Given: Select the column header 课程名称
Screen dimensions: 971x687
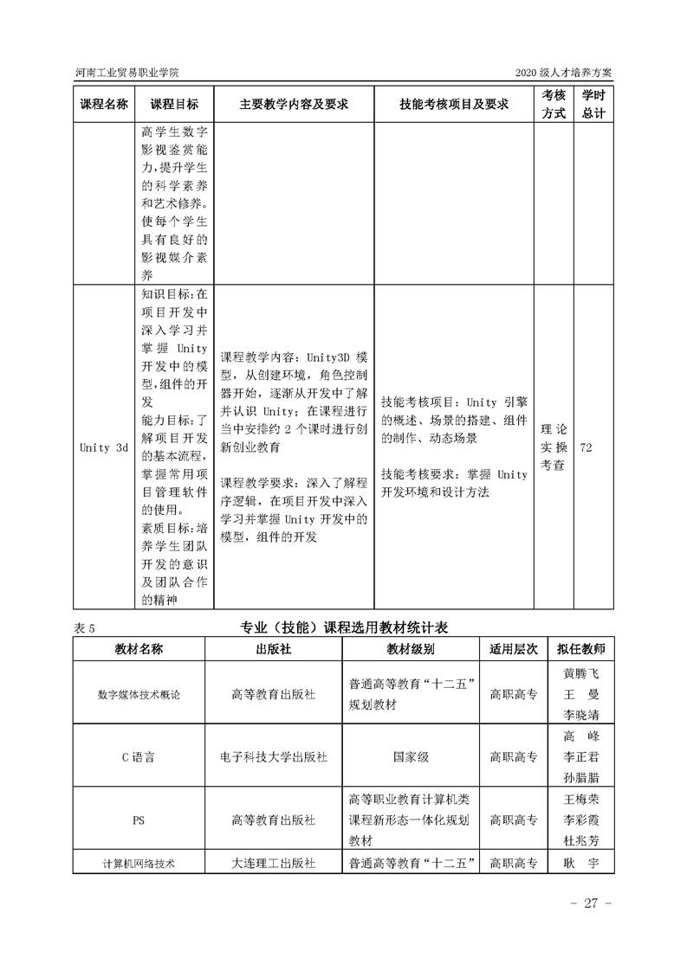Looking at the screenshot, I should coord(104,104).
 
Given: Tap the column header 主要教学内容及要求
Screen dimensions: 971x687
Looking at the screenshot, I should coord(294,104).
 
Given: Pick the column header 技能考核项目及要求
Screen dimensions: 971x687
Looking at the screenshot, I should coord(453,104).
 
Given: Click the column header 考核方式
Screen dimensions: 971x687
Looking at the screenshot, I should coord(554,104).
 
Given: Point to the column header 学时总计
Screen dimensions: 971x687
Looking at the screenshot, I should coord(593,104).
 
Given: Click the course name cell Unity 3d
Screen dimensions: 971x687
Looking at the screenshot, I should coord(104,447).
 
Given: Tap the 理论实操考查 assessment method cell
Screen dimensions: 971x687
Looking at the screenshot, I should coord(554,447).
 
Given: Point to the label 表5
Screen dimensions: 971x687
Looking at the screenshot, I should coord(84,628).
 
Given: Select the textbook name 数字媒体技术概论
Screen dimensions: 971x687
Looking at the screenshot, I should coord(139,694).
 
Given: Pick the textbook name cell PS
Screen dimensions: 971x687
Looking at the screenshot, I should coord(139,819).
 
